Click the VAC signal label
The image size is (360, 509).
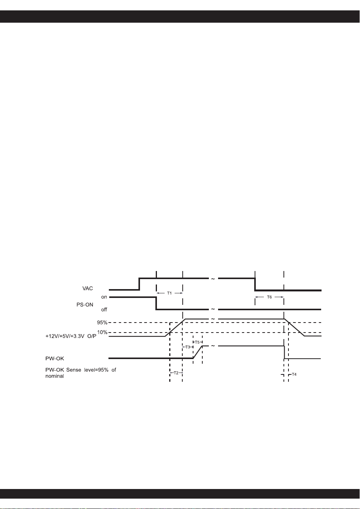[x=88, y=288]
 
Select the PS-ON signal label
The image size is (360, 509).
[x=85, y=304]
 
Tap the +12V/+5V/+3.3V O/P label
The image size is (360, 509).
[x=71, y=336]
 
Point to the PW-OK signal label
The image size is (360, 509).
[x=55, y=358]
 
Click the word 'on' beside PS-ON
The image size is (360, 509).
[x=104, y=297]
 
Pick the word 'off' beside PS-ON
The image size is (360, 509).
[x=104, y=309]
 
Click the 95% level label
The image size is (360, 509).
[x=102, y=323]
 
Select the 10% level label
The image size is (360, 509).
[x=102, y=332]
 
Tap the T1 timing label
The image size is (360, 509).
[x=170, y=293]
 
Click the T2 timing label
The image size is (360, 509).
[x=176, y=373]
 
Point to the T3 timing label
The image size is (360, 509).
[x=188, y=347]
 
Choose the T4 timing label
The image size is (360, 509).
[x=294, y=374]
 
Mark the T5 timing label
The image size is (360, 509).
[x=197, y=342]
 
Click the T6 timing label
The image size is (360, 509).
[x=269, y=297]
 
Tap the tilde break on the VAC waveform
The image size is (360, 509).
[x=213, y=279]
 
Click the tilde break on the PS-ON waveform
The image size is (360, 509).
[x=213, y=309]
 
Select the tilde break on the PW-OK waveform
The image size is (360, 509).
[x=213, y=346]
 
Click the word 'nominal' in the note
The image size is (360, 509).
[x=55, y=376]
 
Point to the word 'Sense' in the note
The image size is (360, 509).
[x=73, y=370]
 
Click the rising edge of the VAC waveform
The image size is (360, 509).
[x=139, y=284]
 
